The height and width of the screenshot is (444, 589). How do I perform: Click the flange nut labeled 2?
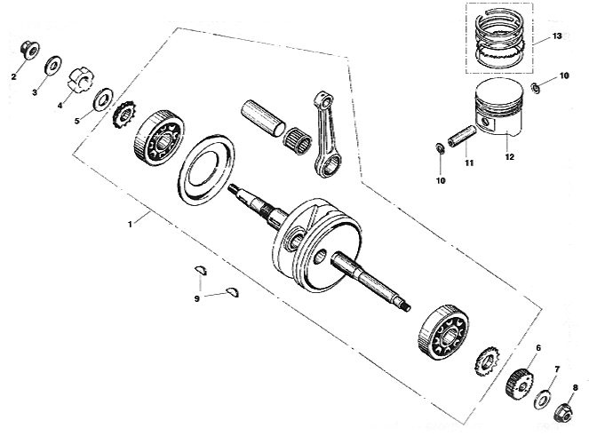29,50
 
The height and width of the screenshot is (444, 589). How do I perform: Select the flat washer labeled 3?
53,66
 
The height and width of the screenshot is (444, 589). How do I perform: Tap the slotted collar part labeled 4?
80,79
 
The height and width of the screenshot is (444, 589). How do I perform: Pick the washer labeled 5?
104,99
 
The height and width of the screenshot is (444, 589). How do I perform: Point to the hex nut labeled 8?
563,412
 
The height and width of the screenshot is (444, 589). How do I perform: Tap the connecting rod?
326,134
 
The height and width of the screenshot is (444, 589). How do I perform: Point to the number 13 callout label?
557,36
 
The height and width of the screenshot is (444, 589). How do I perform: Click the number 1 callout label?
130,225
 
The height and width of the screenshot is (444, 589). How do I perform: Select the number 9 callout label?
197,298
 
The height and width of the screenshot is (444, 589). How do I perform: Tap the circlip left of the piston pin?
440,148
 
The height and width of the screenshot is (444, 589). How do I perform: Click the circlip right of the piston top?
536,89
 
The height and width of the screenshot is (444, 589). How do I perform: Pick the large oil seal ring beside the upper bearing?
206,170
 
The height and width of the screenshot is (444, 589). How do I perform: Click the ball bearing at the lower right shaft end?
443,332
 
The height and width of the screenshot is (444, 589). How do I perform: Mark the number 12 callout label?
509,157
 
